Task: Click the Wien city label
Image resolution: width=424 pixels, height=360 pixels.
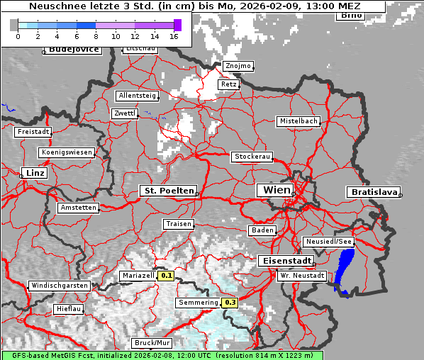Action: [277, 190]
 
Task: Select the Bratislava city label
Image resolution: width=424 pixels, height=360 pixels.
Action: [372, 192]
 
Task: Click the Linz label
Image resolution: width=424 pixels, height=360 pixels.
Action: [33, 173]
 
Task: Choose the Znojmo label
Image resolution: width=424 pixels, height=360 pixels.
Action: [238, 66]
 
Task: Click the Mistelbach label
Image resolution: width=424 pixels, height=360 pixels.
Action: [299, 121]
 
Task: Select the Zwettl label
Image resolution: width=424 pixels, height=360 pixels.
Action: [125, 113]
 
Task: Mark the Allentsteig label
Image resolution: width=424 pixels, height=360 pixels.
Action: [138, 96]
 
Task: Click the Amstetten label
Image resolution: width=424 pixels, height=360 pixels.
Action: [78, 208]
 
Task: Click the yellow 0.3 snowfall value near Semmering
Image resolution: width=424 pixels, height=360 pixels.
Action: [230, 303]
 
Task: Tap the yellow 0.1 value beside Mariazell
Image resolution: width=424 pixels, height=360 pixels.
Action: [166, 275]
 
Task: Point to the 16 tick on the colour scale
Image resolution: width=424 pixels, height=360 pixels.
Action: [174, 35]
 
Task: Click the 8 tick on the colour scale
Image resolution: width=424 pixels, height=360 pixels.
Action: [96, 35]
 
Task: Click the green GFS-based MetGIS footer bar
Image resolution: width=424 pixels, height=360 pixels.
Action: [162, 355]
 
